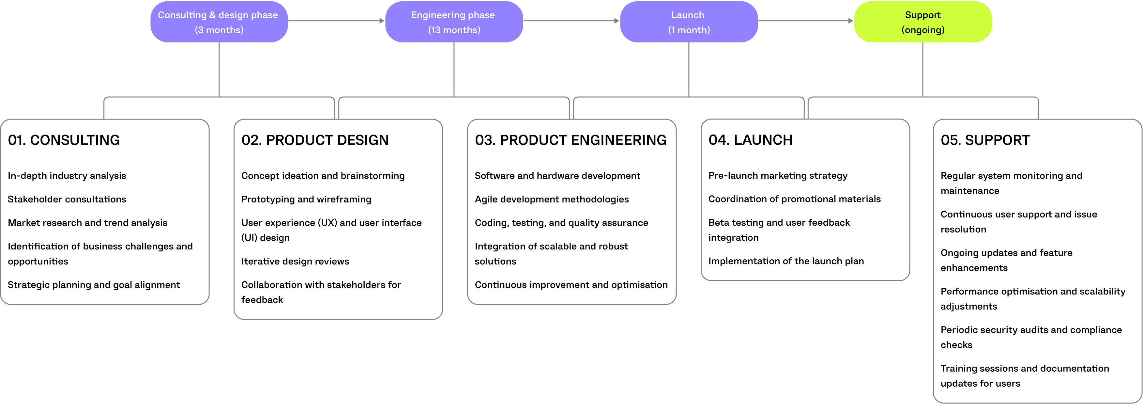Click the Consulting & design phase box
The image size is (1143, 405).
pos(219,22)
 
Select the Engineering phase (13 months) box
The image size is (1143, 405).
pos(453,22)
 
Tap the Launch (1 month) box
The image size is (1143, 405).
pos(688,22)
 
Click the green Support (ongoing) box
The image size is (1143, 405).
pos(922,22)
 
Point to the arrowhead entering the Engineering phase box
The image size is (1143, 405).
pos(382,21)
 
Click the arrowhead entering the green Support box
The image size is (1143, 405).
pos(851,21)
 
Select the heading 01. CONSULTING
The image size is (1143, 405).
pos(64,140)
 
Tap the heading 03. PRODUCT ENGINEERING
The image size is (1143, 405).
pos(570,140)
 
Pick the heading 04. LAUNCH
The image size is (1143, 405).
pos(750,140)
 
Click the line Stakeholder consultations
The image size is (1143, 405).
pos(67,199)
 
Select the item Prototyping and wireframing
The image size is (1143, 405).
pos(306,199)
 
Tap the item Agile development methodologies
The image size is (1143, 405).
pos(552,199)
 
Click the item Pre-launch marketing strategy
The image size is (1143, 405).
pos(777,175)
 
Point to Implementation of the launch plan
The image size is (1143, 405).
pos(786,261)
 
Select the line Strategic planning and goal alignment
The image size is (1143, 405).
pos(94,285)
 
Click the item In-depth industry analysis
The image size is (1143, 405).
pos(67,176)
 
